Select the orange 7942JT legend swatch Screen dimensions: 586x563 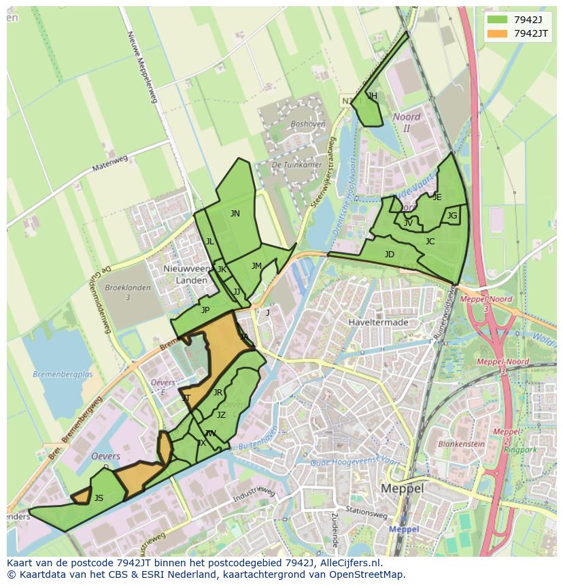(498, 33)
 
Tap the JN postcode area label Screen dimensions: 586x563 (235, 214)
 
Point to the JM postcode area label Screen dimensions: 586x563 (256, 266)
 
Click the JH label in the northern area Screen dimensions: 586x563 (372, 96)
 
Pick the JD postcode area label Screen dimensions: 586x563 (389, 255)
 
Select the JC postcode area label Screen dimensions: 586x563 (430, 242)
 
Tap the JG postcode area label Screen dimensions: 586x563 (452, 216)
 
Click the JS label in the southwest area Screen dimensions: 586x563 (99, 498)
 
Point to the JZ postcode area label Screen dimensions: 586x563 (221, 415)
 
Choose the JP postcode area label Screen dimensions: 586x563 (205, 310)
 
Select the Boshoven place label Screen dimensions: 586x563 (307, 125)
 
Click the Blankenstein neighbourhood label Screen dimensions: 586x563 (461, 444)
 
